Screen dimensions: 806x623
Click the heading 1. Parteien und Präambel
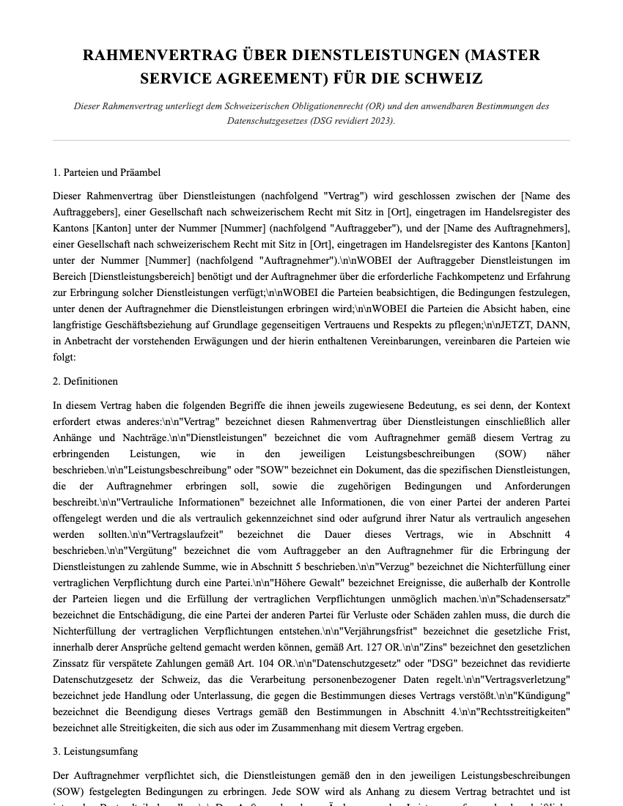[x=106, y=173]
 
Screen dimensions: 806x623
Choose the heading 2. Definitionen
[x=85, y=382]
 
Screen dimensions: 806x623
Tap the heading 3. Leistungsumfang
[x=95, y=752]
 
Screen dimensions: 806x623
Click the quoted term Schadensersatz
[x=536, y=599]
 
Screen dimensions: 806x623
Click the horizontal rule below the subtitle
[x=311, y=141]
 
